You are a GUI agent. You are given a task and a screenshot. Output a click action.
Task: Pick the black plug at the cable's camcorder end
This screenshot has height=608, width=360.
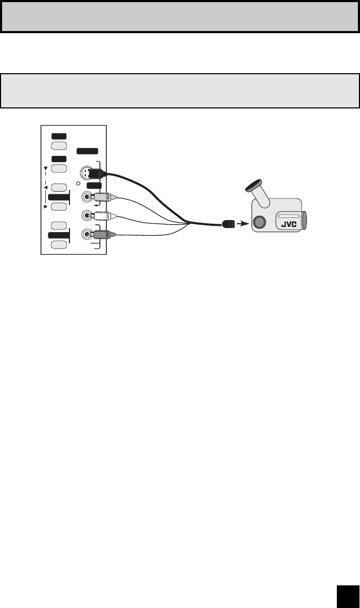(227, 224)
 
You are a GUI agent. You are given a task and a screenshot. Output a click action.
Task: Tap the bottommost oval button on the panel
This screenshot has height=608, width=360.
(59, 244)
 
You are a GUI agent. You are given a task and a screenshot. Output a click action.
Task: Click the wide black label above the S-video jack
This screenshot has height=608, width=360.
(87, 151)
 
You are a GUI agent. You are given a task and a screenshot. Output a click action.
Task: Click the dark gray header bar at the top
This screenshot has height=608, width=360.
(180, 16)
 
